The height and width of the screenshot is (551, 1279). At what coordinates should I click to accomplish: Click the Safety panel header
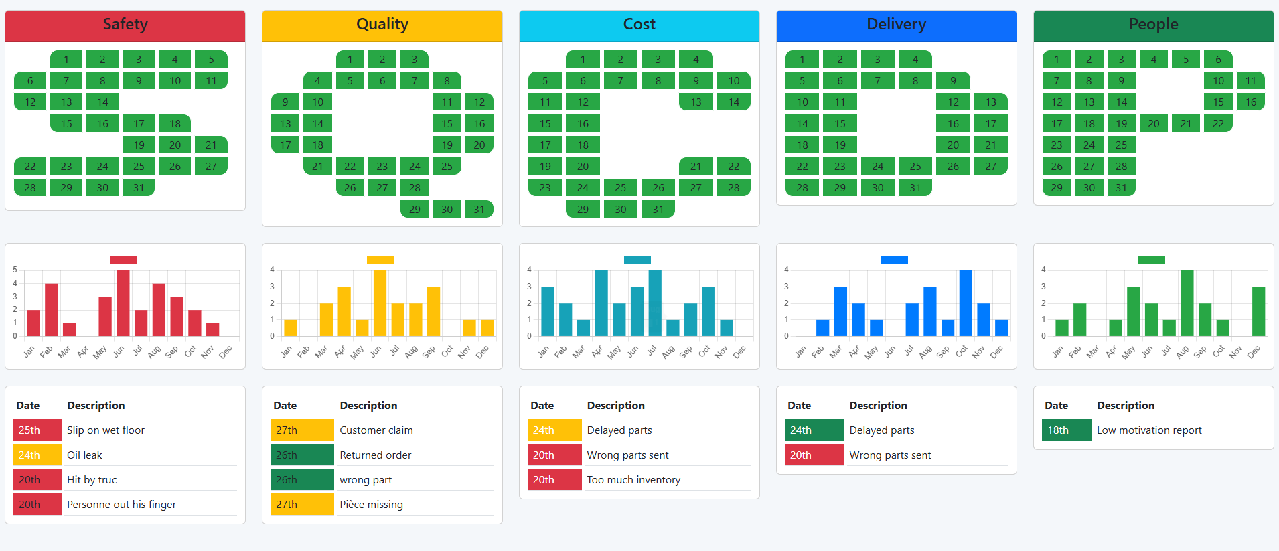[125, 25]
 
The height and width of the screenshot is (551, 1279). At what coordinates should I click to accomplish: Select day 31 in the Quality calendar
[479, 209]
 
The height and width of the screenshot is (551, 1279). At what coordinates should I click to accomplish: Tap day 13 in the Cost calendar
[696, 102]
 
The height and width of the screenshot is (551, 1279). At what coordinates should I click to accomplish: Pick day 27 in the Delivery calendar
[990, 166]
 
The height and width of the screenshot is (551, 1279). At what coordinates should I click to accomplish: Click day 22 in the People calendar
[1218, 123]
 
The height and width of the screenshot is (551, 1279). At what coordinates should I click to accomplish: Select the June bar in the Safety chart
[123, 303]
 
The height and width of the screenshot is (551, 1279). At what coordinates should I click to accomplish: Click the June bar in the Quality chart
[380, 303]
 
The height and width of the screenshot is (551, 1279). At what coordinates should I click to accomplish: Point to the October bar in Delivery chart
[966, 303]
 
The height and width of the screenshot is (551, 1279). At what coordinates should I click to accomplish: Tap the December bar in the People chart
[1258, 311]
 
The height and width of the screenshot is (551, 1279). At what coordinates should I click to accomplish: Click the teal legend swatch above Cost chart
[637, 260]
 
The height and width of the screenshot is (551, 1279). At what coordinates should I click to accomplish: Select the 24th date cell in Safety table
[37, 455]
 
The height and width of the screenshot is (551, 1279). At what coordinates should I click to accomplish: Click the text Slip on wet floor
[106, 430]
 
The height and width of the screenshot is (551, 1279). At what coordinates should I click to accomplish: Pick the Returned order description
[376, 455]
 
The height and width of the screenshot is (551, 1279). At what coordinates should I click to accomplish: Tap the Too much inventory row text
[633, 479]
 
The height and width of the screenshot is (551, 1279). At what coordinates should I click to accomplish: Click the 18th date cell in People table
[1066, 430]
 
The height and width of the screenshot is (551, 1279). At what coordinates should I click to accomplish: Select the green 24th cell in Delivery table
[814, 430]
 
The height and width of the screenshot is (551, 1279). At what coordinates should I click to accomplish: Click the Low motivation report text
[1149, 430]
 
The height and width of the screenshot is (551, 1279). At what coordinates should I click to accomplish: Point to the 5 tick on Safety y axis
[15, 270]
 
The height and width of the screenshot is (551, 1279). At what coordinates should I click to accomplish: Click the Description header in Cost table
[615, 405]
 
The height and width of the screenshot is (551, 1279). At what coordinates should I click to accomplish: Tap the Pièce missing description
[371, 504]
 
